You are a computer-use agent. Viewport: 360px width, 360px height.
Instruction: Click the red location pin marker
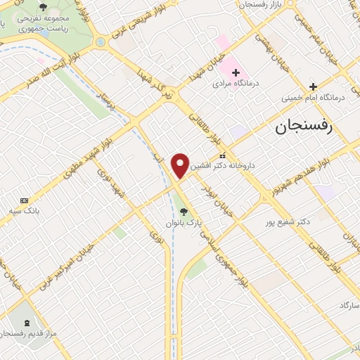(181, 165)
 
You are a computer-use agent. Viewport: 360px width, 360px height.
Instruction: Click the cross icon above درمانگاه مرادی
(236, 72)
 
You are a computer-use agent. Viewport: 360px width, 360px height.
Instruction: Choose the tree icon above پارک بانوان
(184, 210)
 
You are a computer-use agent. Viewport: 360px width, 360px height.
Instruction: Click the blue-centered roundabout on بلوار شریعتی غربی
(101, 42)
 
